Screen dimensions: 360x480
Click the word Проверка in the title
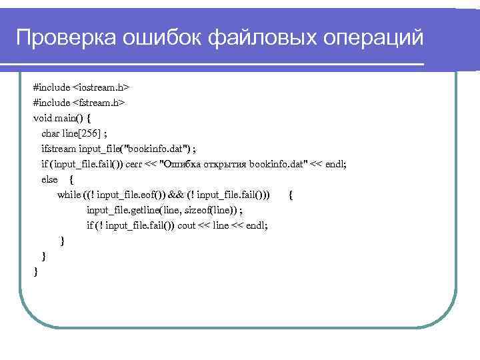[64, 38]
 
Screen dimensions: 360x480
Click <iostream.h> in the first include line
[101, 87]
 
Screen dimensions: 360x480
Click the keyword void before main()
[43, 118]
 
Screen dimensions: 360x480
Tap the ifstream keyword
[59, 148]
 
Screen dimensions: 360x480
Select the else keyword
[49, 179]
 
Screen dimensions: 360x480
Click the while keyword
[69, 195]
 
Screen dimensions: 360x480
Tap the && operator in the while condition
[176, 195]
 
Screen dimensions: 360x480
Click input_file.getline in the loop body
[119, 210]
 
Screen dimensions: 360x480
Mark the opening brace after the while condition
[291, 195]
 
